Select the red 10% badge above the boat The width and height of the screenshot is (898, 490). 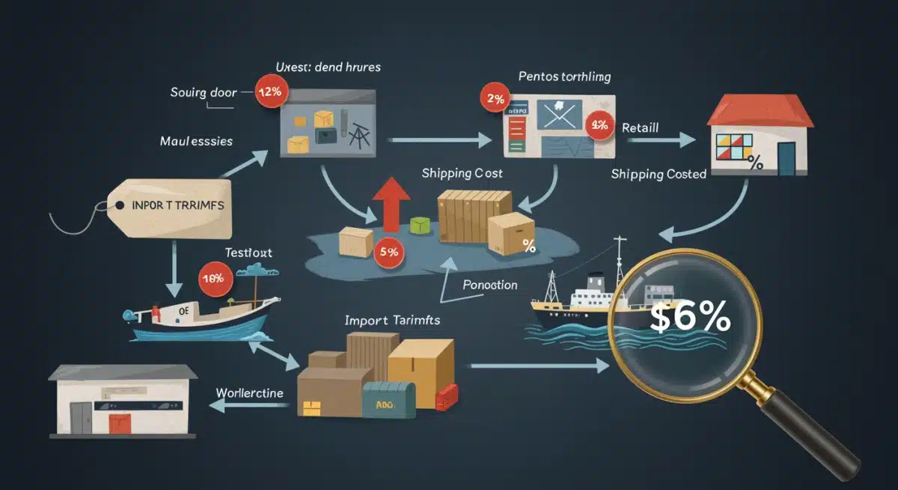[x=213, y=279]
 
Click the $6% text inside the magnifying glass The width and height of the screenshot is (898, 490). [x=689, y=318]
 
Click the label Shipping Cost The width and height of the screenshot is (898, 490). [x=462, y=173]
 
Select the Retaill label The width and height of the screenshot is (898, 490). [x=640, y=128]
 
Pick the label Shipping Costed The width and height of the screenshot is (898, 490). [x=659, y=174]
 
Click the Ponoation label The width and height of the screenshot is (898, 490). [x=490, y=285]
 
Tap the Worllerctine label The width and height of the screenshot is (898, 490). [x=249, y=393]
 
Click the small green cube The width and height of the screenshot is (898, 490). [x=419, y=226]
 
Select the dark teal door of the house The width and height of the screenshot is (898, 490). [x=786, y=159]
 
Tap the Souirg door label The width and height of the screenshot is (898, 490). [x=204, y=93]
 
